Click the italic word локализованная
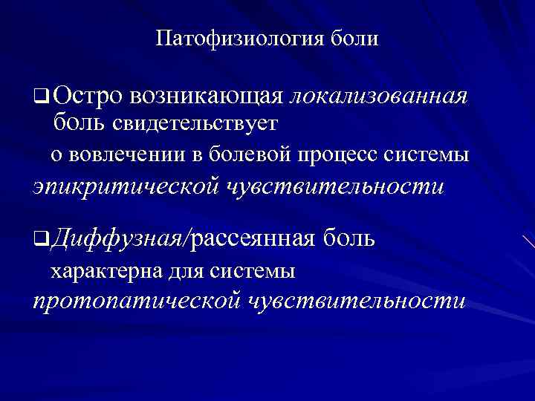pos(378,96)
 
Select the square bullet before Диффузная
pos(40,238)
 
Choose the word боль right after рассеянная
pos(348,238)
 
